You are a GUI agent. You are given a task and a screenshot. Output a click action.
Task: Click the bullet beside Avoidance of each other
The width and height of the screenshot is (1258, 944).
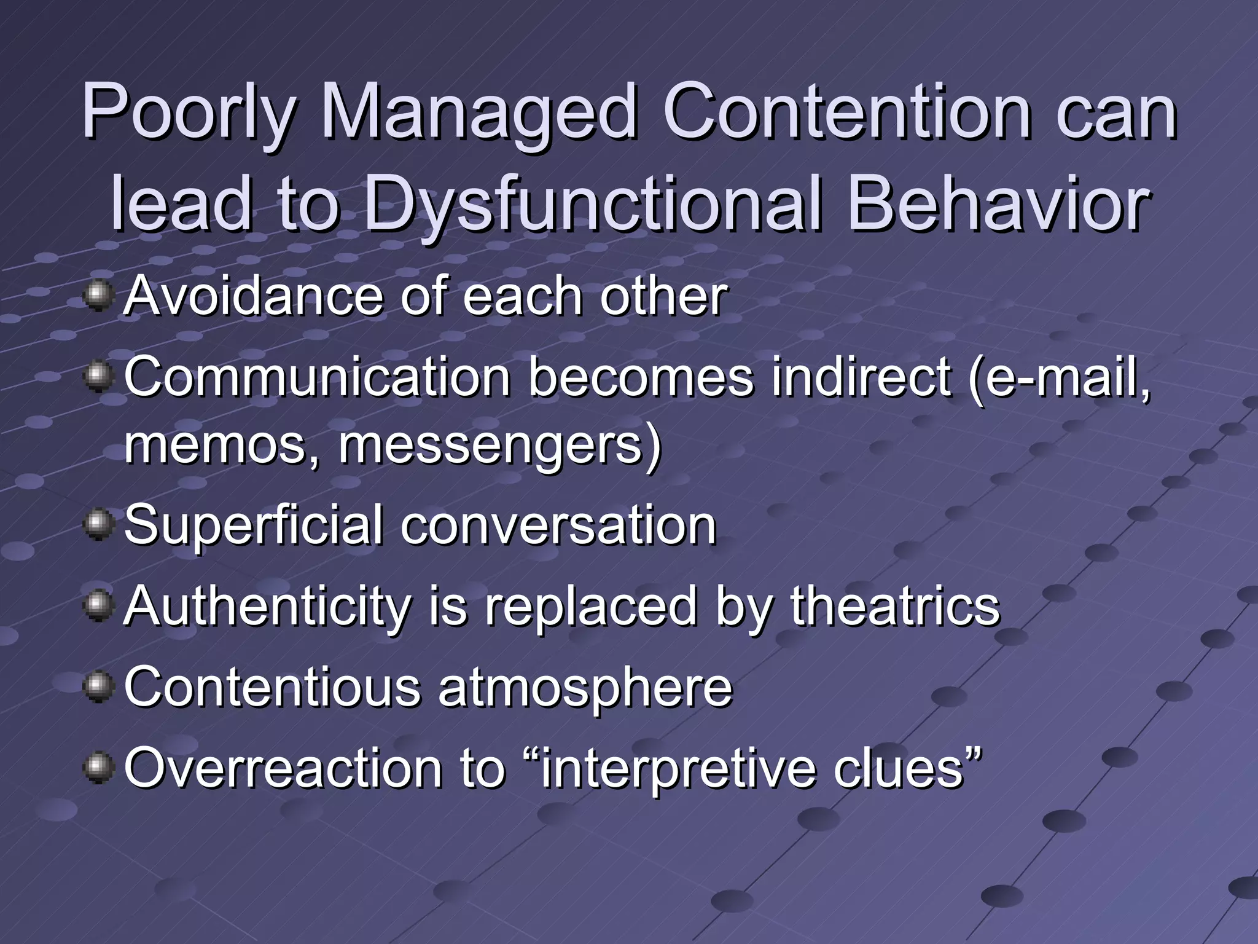pos(98,296)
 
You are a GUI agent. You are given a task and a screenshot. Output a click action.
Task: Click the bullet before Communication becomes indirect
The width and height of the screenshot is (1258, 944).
pos(98,376)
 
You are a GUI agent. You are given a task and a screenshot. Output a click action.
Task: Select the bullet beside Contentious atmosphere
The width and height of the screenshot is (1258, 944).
pos(98,687)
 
